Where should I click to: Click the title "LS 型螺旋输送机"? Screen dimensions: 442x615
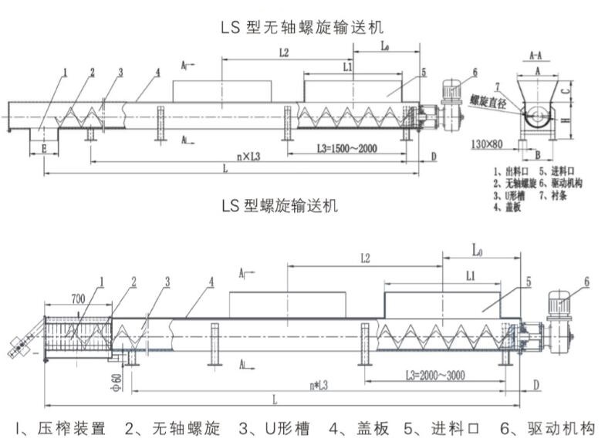pyautogui.click(x=279, y=206)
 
